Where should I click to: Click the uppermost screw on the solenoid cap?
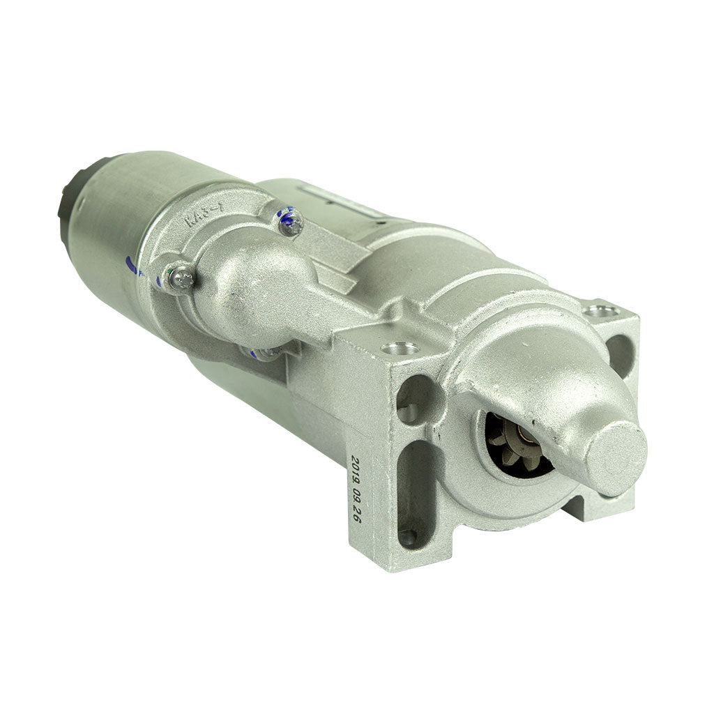point(291,222)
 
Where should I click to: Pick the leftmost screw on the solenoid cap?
point(181,279)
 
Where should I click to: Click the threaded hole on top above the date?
point(401,347)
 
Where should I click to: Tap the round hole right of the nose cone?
point(618,353)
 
